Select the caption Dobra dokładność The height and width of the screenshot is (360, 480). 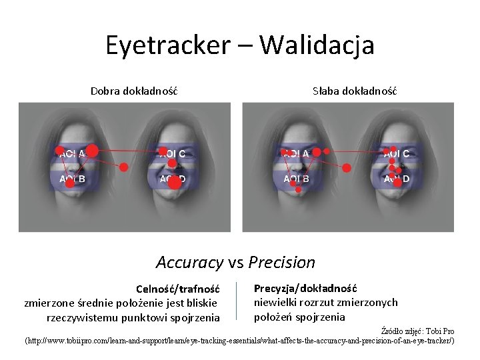134,90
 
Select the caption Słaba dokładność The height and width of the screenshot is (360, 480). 355,90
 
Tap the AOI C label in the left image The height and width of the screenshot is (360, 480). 172,154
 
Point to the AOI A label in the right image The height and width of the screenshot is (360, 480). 296,154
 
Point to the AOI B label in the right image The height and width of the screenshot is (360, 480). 296,179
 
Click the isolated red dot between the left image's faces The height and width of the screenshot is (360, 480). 123,167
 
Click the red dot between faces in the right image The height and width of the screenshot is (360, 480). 346,168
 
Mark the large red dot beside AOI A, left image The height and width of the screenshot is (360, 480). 93,151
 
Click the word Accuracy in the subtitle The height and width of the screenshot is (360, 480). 189,262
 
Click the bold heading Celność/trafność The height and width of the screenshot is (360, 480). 178,289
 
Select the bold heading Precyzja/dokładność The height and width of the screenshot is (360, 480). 305,288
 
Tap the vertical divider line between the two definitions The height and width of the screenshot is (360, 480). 237,301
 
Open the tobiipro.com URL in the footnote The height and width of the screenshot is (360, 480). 240,341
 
